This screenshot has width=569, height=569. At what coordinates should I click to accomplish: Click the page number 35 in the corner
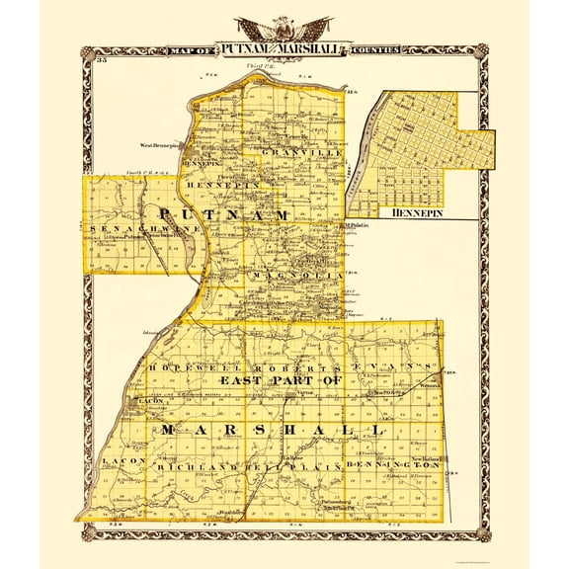point(101,62)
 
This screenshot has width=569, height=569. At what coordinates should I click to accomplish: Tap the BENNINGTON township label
point(390,462)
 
